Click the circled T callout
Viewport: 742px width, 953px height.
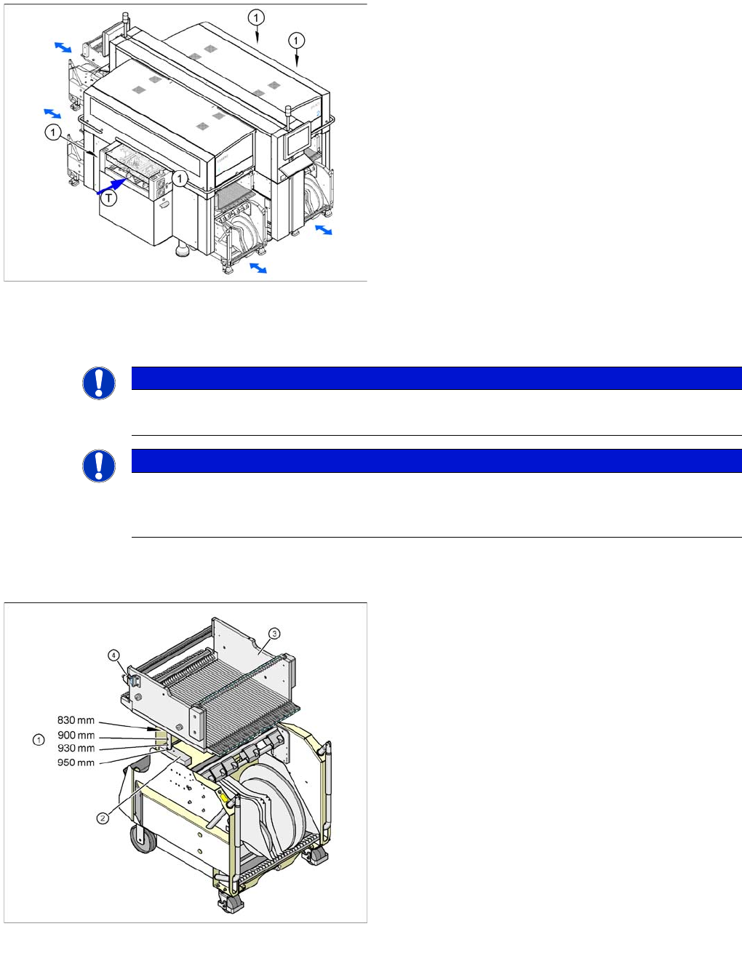[x=108, y=197]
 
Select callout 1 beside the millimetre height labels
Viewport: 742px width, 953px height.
[x=39, y=740]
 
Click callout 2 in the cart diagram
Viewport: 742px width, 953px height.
[x=103, y=818]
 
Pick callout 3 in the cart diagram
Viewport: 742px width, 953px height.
[x=274, y=633]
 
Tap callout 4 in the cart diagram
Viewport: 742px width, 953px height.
[x=114, y=655]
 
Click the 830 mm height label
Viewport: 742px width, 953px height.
[x=76, y=720]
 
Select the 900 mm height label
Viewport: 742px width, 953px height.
[x=76, y=735]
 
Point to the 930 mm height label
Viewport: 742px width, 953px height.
[x=76, y=748]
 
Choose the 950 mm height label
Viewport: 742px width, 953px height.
[x=76, y=762]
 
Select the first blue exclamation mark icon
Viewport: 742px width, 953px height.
[x=99, y=383]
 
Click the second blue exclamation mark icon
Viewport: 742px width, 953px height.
[x=99, y=466]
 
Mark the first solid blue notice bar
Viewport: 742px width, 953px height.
[x=436, y=378]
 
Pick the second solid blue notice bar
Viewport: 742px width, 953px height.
[x=436, y=460]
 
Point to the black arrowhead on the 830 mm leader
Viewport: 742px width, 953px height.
[x=152, y=727]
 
